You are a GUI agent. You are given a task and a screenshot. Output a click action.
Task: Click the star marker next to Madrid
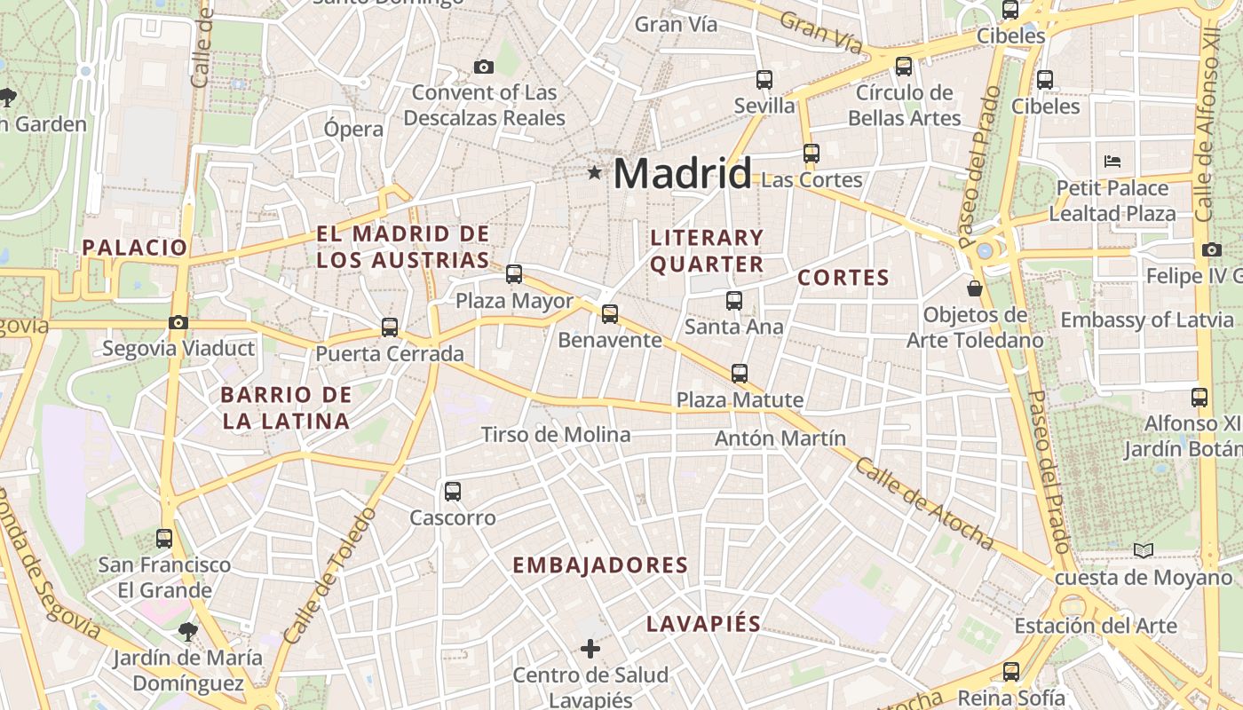pos(594,172)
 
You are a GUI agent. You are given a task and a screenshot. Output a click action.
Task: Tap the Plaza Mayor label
pos(514,301)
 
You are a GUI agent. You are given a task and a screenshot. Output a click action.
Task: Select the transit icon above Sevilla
pos(764,79)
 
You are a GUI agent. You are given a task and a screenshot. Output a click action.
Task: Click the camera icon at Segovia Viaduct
pos(178,322)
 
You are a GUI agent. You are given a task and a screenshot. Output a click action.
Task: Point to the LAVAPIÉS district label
pos(703,623)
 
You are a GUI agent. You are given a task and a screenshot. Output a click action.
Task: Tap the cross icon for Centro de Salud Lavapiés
pos(590,649)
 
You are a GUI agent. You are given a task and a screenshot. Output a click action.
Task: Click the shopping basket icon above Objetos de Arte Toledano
pos(975,288)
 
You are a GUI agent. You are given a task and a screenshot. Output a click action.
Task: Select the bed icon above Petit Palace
pos(1112,162)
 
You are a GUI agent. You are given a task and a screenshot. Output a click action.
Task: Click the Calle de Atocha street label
pos(924,505)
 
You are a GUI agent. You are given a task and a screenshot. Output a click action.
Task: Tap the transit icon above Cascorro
pos(453,491)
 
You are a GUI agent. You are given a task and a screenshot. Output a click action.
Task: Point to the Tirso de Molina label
pos(556,434)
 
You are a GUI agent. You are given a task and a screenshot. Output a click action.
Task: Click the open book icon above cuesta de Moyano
pos(1144,551)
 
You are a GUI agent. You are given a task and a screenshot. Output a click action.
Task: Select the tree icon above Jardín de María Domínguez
pos(187,631)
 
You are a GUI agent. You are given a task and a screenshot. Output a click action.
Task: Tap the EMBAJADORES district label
pos(600,565)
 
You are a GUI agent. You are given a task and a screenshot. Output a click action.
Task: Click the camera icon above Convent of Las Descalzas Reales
pos(484,67)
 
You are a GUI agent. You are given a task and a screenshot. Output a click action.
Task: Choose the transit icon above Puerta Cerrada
pos(389,327)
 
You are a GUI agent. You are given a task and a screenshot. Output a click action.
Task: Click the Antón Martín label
pos(780,438)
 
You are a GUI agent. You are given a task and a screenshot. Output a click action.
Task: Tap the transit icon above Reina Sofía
pos(1010,672)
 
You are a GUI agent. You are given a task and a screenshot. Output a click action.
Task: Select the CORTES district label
pos(843,278)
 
